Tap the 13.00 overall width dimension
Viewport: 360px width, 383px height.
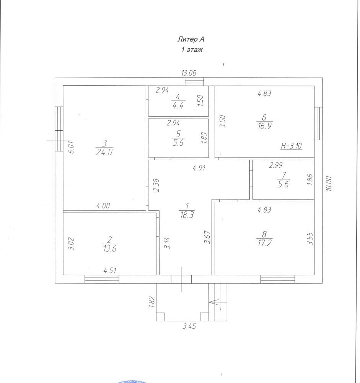189,73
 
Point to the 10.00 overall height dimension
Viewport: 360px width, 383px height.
329,183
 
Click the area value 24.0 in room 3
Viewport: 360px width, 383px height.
104,152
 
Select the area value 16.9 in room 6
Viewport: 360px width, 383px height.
264,126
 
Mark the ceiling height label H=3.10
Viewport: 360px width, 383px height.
292,146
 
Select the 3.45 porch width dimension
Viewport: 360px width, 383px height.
189,326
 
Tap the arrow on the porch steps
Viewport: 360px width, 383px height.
213,302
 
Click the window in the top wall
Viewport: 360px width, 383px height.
194,82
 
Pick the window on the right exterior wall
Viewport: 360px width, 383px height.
318,123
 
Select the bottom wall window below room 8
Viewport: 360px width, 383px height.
277,279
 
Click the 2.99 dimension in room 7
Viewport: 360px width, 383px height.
277,165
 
